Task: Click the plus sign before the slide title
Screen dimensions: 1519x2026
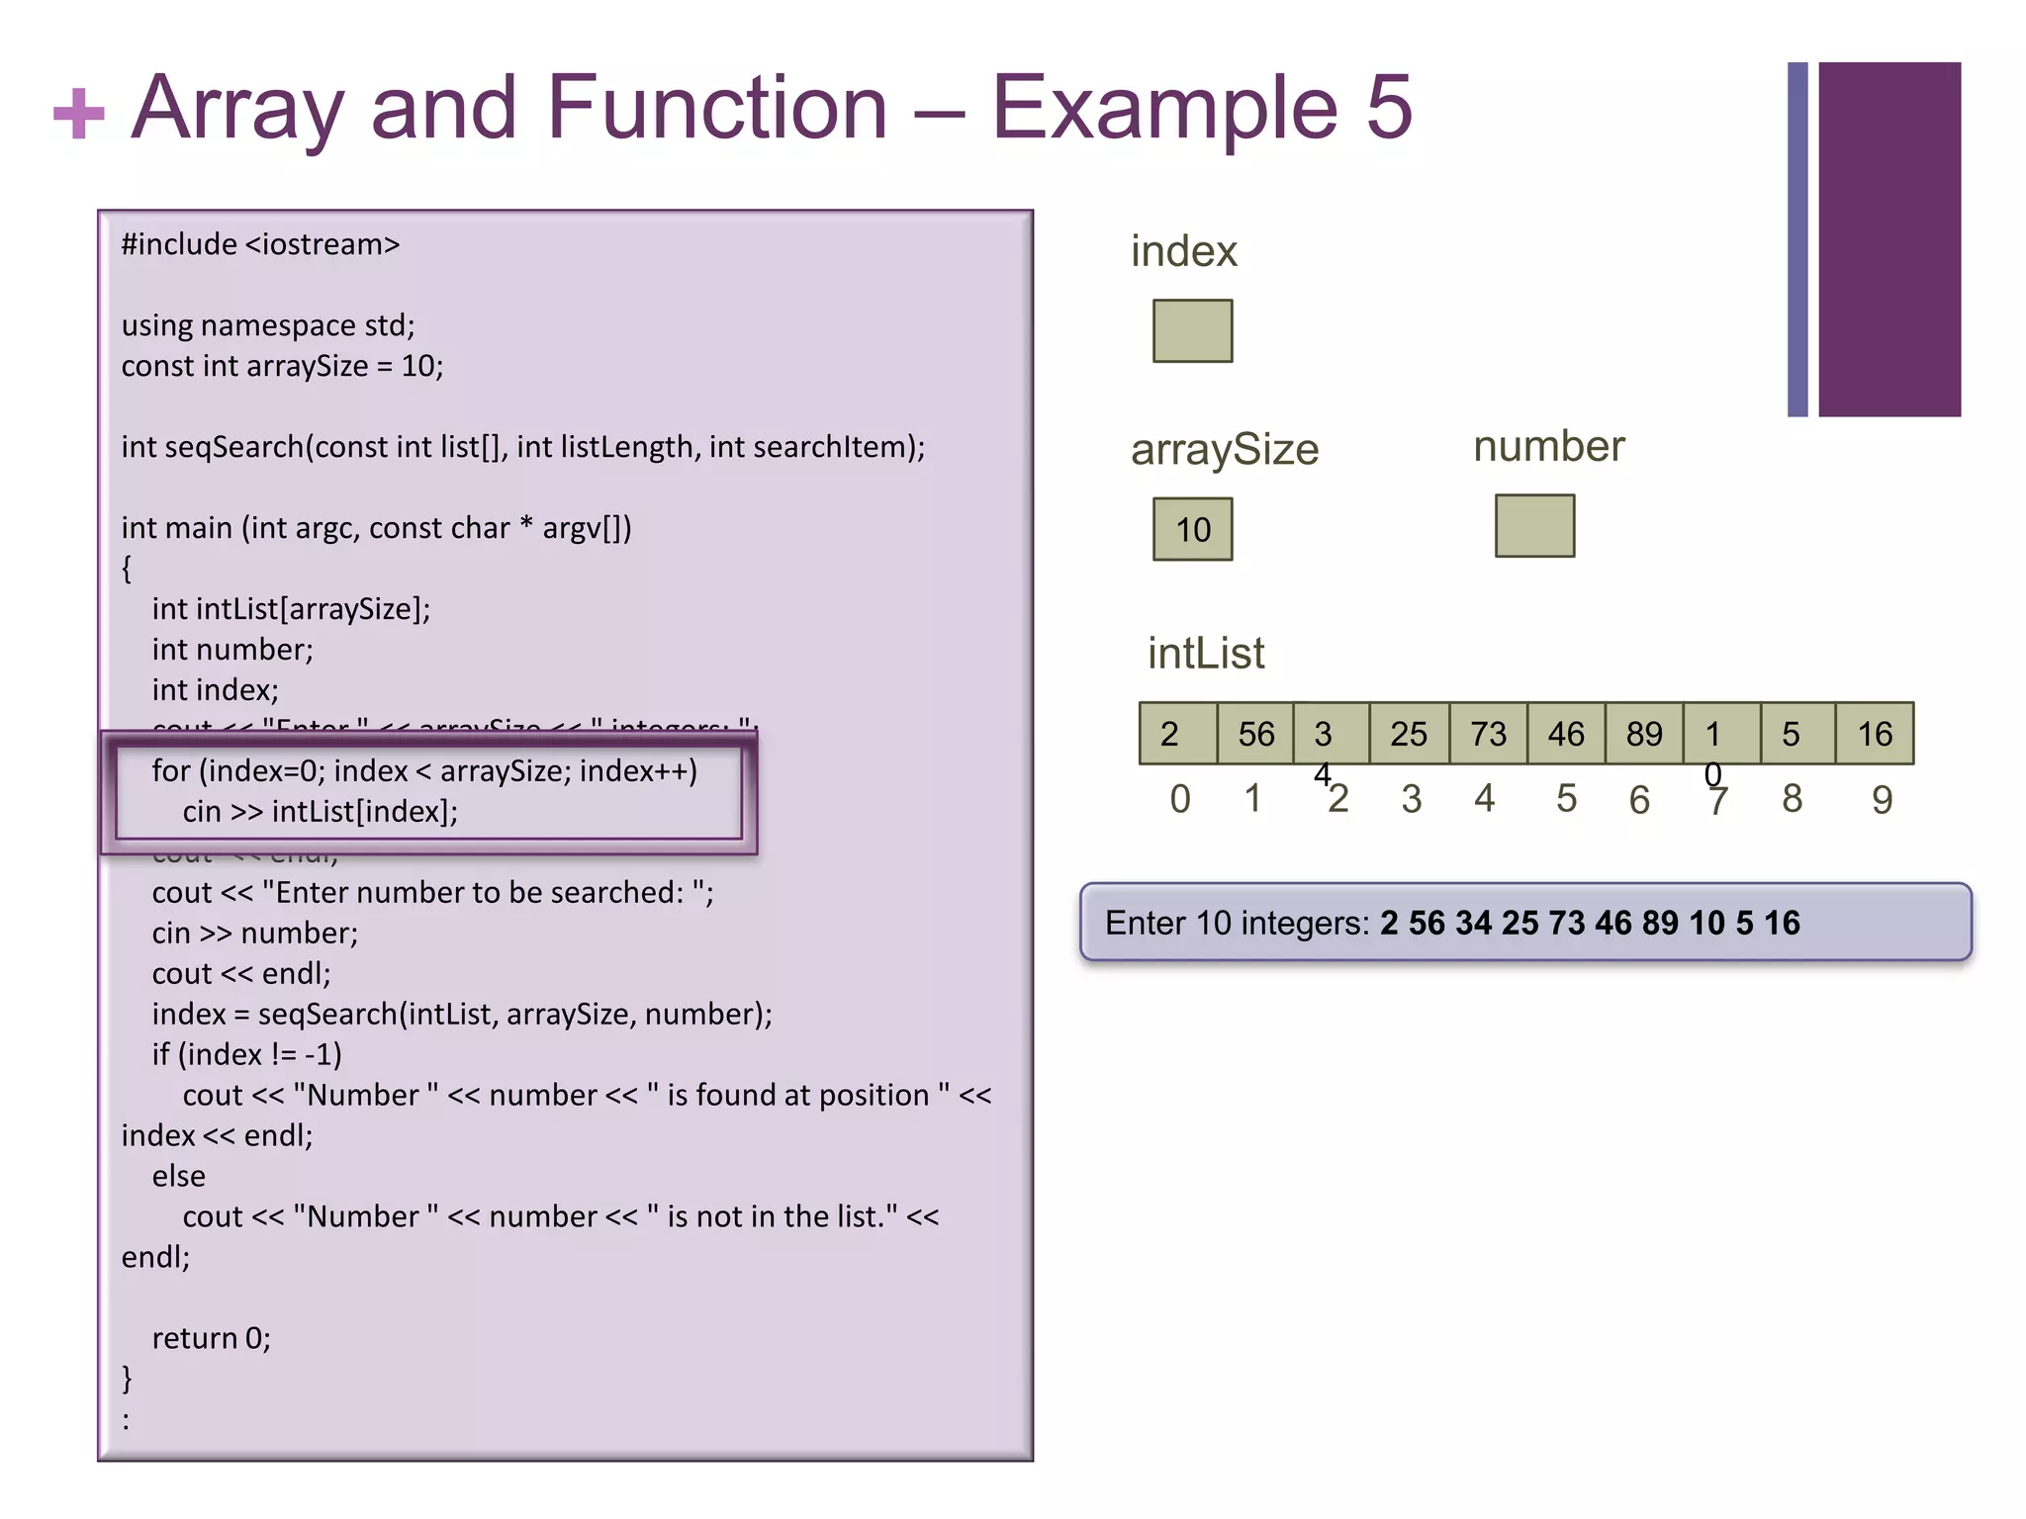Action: [x=78, y=114]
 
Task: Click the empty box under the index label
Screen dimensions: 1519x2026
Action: [x=1192, y=331]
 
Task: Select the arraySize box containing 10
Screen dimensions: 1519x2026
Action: [x=1192, y=529]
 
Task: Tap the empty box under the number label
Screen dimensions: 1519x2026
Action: [x=1534, y=526]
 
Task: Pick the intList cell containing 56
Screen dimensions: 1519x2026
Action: [x=1255, y=734]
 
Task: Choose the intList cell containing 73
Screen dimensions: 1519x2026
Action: [x=1488, y=734]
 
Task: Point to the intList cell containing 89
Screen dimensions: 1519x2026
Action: [x=1643, y=734]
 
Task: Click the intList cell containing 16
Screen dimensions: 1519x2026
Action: [x=1875, y=734]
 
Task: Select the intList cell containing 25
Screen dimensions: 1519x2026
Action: [x=1409, y=734]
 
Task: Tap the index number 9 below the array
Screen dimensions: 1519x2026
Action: [x=1882, y=800]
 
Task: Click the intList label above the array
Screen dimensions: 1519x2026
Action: [x=1206, y=654]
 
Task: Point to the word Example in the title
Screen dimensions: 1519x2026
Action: [x=1164, y=109]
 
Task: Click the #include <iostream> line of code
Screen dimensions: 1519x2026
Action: [x=260, y=244]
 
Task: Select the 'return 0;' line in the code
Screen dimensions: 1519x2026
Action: [x=211, y=1338]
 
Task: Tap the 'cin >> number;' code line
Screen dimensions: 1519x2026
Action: [x=254, y=934]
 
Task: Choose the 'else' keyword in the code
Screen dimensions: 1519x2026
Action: [x=179, y=1176]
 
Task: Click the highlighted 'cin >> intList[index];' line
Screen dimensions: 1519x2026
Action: [x=320, y=812]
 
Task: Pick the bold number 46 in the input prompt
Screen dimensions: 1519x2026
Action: [x=1612, y=924]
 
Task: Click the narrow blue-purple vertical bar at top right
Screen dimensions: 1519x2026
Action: [x=1797, y=239]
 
